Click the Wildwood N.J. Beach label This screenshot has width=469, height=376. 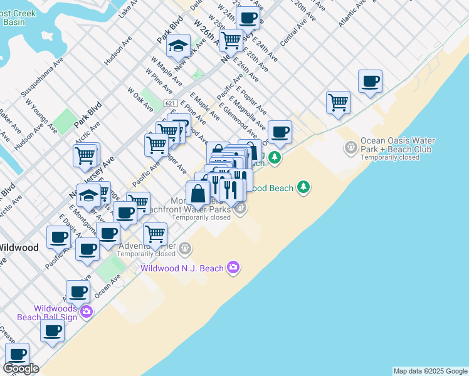182,268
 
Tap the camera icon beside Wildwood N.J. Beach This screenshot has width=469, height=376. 233,268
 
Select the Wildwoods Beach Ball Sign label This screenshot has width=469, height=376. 55,312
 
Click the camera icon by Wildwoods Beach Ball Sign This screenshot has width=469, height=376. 86,311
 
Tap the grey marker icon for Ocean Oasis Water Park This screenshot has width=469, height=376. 350,149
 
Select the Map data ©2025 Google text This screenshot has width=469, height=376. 429,371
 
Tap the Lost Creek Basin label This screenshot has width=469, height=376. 16,16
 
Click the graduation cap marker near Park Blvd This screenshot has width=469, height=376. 179,46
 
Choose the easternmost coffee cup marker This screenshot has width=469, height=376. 370,81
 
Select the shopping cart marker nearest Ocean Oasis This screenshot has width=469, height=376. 338,102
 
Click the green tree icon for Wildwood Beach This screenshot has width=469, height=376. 303,187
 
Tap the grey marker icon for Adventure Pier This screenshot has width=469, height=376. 185,249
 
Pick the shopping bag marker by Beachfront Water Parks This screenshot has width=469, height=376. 198,193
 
